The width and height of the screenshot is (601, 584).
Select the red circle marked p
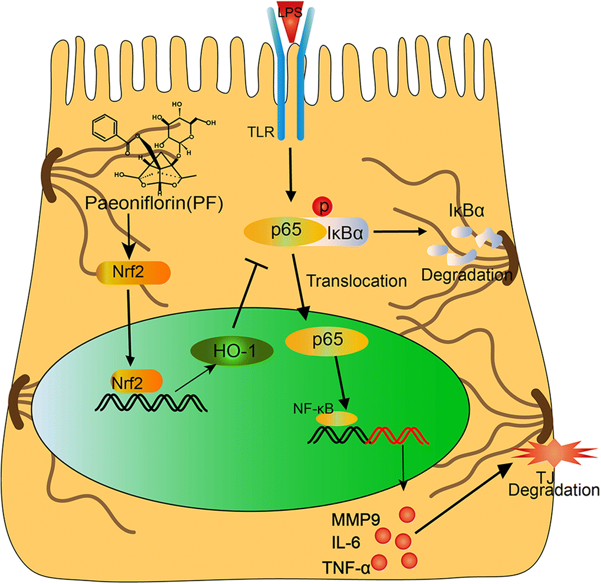324,206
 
